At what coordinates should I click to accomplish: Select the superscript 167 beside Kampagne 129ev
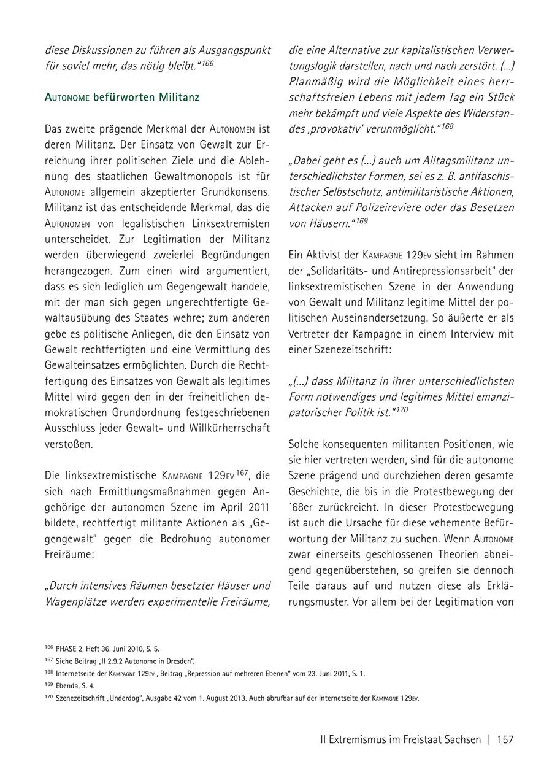(x=243, y=472)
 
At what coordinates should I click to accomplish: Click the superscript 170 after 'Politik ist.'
(x=401, y=409)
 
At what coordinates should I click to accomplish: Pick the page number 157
(x=505, y=739)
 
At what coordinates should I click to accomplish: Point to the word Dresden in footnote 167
(x=177, y=661)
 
